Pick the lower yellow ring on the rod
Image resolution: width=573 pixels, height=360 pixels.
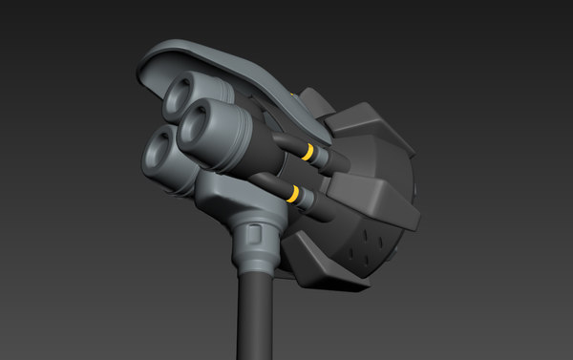[295, 196]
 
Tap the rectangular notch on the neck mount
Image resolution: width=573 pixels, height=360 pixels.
[253, 233]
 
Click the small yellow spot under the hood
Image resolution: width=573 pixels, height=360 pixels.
[290, 95]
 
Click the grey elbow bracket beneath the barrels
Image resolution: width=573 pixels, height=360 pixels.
[229, 195]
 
